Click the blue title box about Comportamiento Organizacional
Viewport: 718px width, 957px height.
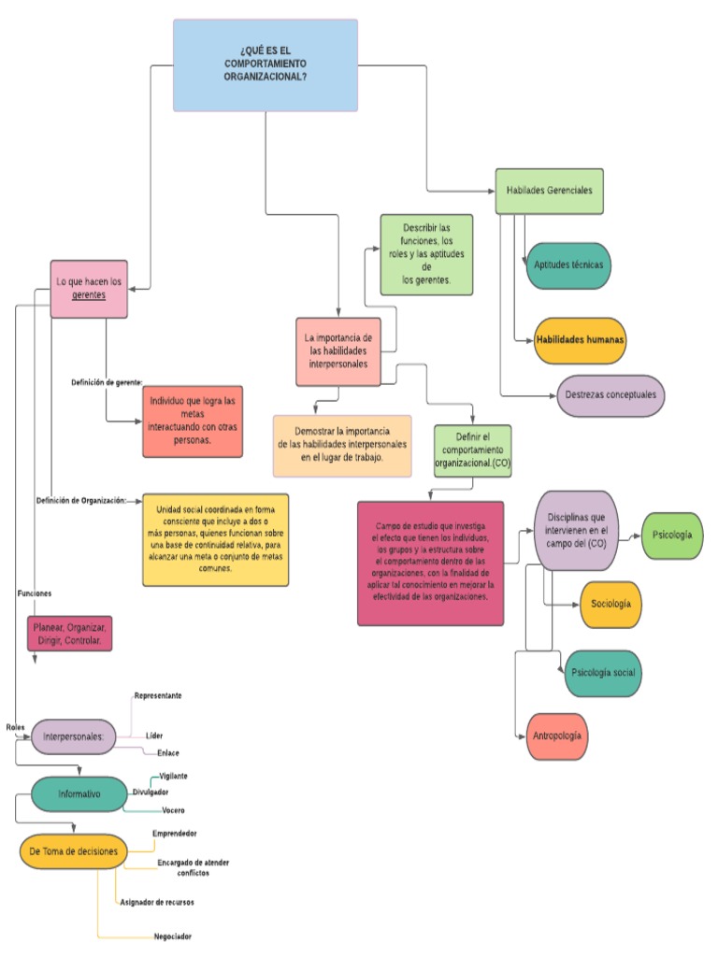[x=266, y=65]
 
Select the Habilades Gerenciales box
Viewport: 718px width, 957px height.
[x=549, y=191]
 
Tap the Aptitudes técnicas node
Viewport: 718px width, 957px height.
[x=567, y=265]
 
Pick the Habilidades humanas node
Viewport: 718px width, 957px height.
[x=580, y=340]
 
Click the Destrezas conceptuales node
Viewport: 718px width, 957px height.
[x=610, y=395]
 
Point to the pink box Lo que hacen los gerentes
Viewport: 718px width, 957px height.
[x=89, y=288]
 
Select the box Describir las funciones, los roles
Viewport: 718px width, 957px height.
[x=426, y=254]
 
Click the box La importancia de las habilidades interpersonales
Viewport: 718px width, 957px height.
[x=338, y=351]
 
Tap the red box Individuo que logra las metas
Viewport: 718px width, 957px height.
[x=193, y=421]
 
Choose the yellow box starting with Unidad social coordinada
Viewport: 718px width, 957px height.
[x=215, y=539]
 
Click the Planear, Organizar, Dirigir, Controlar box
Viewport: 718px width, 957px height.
[x=69, y=634]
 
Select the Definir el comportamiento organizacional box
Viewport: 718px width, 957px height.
[x=472, y=450]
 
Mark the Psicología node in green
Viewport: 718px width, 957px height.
[x=672, y=536]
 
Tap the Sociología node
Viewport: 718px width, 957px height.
[x=610, y=604]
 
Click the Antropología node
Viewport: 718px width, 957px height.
[x=557, y=736]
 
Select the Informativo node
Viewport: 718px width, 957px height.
[x=79, y=794]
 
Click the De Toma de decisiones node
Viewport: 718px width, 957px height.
[x=74, y=851]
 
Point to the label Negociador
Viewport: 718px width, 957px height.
[x=173, y=936]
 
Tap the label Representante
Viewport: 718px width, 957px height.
[x=157, y=696]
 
